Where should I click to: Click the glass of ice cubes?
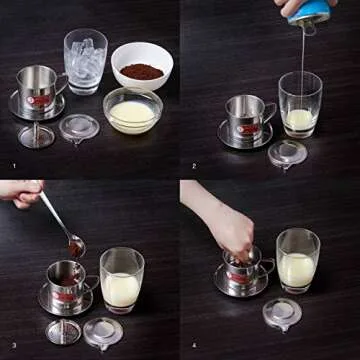click(85, 62)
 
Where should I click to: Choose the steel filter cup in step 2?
click(246, 118)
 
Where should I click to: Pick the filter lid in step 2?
click(287, 152)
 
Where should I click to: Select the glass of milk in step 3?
click(121, 280)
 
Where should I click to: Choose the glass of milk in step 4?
click(297, 261)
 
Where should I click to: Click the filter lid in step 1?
click(78, 128)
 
